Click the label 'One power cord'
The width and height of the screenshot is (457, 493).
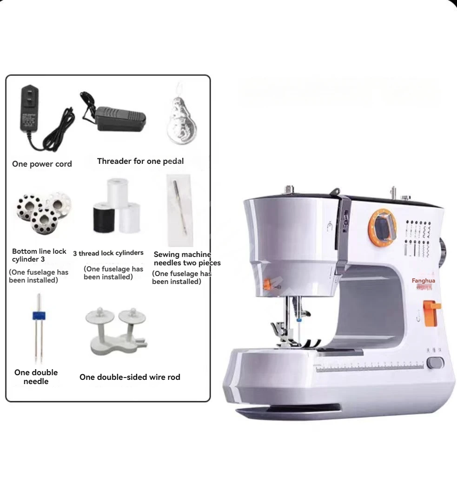[42, 164]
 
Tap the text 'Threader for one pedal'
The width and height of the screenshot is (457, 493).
[140, 161]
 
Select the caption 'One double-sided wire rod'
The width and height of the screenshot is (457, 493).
[130, 377]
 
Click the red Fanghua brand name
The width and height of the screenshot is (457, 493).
[423, 281]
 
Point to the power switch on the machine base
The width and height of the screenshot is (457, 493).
[435, 362]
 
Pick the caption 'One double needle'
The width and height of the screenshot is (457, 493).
[36, 377]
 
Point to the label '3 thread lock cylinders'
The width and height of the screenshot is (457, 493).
[108, 253]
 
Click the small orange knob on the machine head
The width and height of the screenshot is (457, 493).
[267, 285]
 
